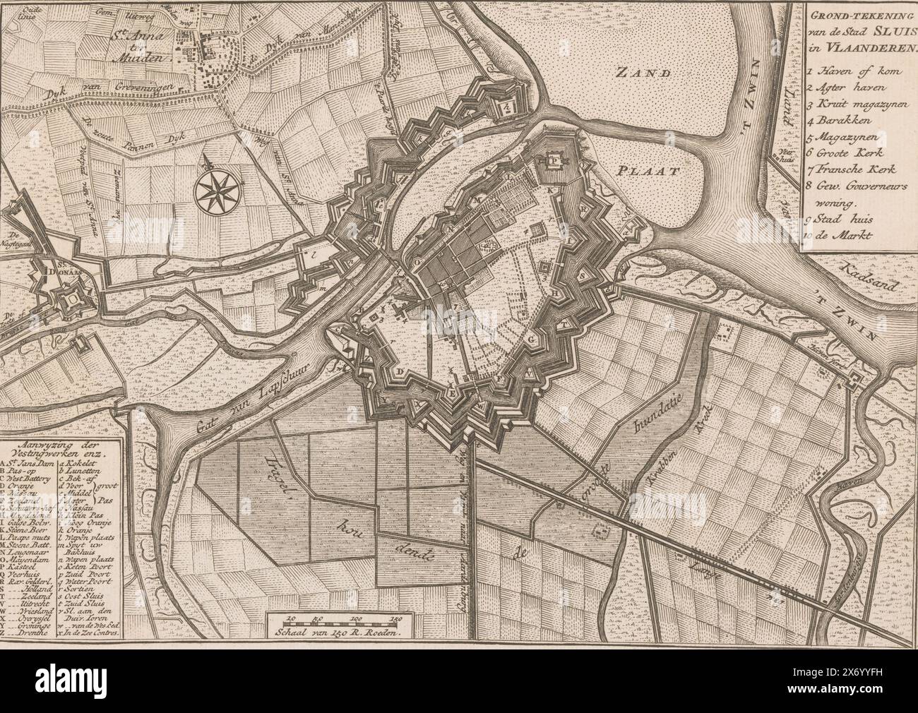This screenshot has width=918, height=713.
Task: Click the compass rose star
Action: coord(211,188)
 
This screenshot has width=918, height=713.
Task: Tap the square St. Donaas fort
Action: coord(71,301)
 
